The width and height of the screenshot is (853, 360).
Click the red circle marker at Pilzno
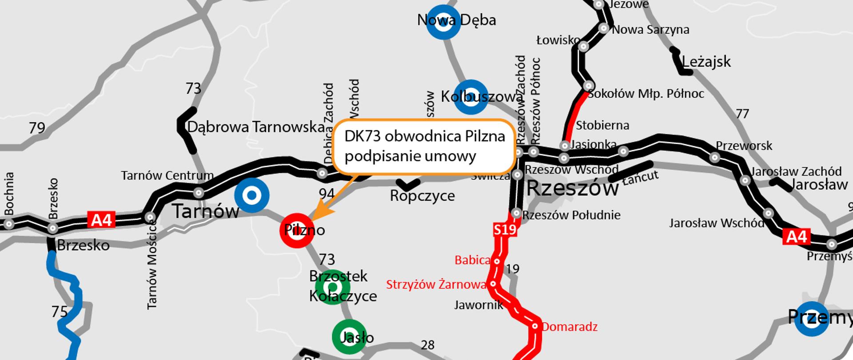coord(297,230)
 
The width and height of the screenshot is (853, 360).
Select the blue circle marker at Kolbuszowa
coord(470,97)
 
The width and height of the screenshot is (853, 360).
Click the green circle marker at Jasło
coord(349,337)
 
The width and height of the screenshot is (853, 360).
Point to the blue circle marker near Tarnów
coord(251,195)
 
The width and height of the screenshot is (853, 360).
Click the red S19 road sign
coord(505,229)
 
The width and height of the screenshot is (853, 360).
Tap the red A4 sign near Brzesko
coord(102,220)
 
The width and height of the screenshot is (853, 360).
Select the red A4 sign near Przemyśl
coord(797,236)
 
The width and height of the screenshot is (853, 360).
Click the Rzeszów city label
coord(572,188)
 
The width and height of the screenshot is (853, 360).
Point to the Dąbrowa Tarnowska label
coord(256,127)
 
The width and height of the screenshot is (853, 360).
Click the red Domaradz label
coord(570,327)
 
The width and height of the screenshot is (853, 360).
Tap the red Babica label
coord(472,260)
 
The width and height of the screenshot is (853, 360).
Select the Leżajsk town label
coord(706,62)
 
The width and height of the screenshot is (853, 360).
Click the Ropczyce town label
coord(422,196)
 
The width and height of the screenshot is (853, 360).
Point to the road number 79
coord(37,128)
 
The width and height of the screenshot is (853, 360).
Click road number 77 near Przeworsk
coord(742,114)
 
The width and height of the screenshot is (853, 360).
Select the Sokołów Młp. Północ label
coord(646,94)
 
